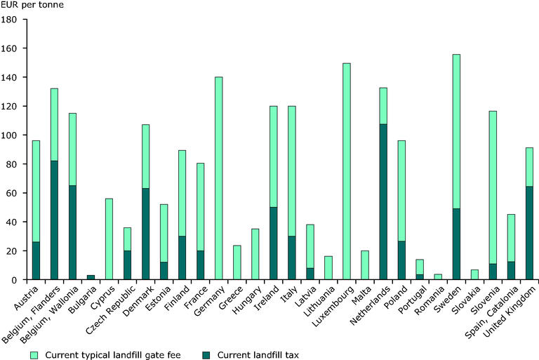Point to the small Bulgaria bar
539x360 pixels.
[91, 277]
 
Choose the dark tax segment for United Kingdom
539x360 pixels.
[529, 233]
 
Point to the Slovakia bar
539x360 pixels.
[474, 275]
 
